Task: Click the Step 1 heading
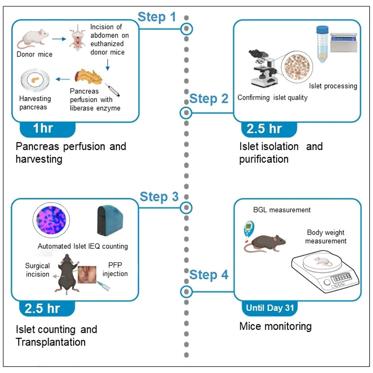pos(157,17)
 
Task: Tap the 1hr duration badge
pos(43,128)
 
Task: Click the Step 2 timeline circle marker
pos(186,112)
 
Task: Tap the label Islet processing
pos(333,86)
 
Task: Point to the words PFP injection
pos(115,270)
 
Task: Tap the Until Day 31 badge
pos(269,308)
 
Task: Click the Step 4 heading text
pos(209,275)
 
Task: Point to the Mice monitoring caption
pos(275,326)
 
